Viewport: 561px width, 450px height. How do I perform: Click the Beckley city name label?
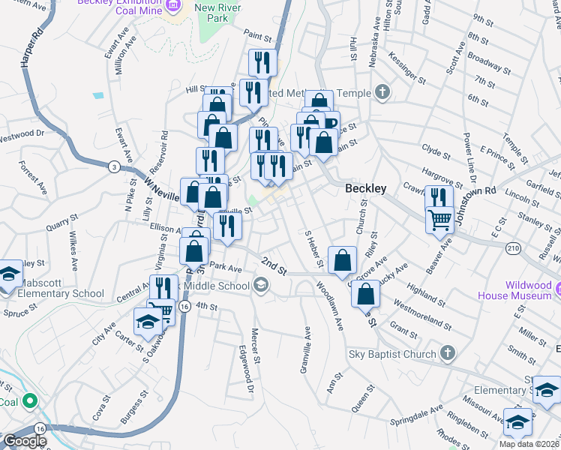tap(365, 189)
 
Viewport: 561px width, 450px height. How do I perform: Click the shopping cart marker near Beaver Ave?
tap(439, 220)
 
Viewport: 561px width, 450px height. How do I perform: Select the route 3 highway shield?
tap(113, 166)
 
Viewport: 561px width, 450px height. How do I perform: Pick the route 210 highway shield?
tap(513, 247)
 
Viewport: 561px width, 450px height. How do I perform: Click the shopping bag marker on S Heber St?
tap(342, 261)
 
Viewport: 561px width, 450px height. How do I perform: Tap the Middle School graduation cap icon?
tap(260, 284)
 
